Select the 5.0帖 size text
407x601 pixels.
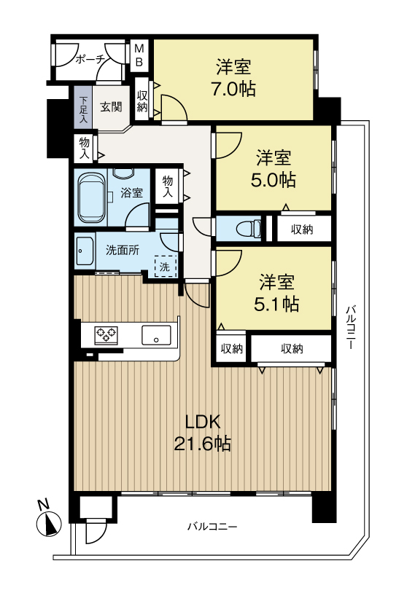pos(273,180)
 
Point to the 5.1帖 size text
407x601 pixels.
pos(276,305)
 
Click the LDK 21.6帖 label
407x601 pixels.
pos(203,433)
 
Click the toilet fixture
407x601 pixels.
pos(249,229)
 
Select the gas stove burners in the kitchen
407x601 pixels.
pos(106,335)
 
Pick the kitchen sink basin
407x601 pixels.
pos(156,335)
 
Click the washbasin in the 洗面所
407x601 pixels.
pos(85,251)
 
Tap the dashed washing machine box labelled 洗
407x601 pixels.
pos(166,266)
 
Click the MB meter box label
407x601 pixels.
pos(139,55)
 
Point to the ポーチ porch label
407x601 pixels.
pos(90,60)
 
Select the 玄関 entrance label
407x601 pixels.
pos(112,106)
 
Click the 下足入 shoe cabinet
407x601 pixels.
pos(83,109)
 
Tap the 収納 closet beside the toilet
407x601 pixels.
pos(302,229)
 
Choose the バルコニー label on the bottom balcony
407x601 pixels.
pos(212,527)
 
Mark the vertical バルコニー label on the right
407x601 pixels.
pos(349,327)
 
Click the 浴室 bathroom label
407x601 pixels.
pos(131,192)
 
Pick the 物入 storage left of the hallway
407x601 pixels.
pos(85,148)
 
